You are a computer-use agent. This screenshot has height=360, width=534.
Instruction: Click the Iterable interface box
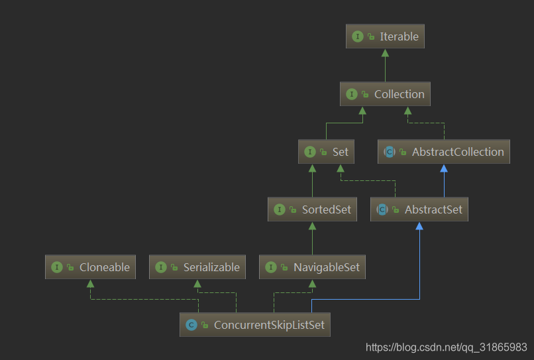click(385, 36)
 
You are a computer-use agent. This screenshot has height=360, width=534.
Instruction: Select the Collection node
click(385, 94)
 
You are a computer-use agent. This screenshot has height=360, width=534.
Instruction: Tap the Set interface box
click(326, 152)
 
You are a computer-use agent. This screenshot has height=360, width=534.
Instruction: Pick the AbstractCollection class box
click(444, 152)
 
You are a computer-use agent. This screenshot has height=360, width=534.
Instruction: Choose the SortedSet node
click(312, 210)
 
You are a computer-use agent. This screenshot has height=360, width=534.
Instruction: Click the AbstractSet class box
click(419, 210)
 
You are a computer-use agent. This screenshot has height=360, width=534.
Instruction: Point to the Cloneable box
click(90, 267)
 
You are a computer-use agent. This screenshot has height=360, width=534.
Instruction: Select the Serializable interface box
click(196, 267)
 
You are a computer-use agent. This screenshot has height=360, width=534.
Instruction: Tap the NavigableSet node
click(312, 267)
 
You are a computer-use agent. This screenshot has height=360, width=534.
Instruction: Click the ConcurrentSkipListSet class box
click(254, 325)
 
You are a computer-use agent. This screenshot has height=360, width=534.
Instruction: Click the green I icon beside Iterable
click(358, 36)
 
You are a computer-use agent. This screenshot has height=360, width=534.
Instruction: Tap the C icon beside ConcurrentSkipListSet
click(191, 325)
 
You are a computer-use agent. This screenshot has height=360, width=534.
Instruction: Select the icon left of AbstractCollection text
click(390, 152)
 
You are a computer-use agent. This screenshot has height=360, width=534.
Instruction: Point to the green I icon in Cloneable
click(57, 267)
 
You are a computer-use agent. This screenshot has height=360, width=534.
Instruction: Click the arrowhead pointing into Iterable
click(385, 52)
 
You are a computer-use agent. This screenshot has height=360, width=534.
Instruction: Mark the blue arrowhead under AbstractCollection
click(444, 168)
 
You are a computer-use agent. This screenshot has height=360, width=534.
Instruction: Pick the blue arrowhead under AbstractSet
click(419, 225)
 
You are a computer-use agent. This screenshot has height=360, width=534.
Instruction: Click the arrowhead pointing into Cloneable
click(90, 283)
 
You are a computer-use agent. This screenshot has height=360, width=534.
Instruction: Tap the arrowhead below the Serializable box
click(196, 283)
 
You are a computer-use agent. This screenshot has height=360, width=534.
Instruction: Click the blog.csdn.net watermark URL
click(446, 347)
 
